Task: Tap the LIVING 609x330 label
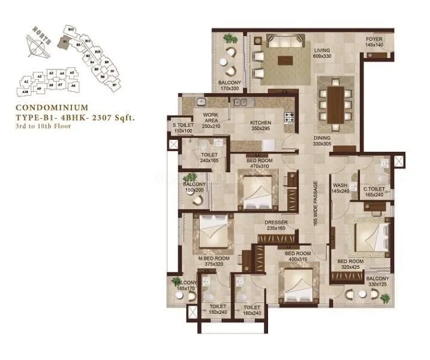tap(322, 53)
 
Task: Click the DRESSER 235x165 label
tap(276, 226)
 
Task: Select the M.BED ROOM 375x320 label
tap(211, 261)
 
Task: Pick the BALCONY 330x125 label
tap(378, 282)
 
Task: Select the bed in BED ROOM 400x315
tap(299, 285)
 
